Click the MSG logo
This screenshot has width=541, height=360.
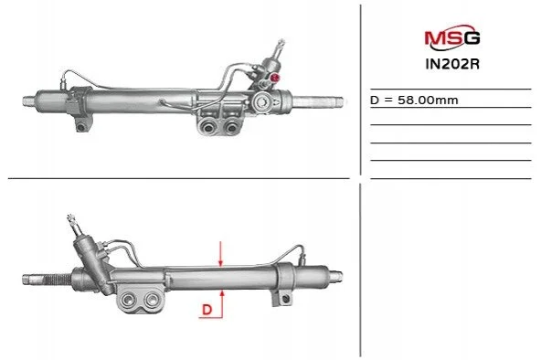click(x=452, y=36)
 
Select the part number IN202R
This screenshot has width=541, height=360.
click(x=452, y=64)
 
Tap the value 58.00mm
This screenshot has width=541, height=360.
click(x=428, y=100)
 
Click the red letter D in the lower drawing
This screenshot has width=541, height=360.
click(x=207, y=310)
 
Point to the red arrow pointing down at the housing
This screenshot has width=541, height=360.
click(x=221, y=254)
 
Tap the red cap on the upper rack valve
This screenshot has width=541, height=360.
click(x=275, y=78)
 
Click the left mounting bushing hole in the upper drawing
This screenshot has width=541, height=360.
click(x=208, y=128)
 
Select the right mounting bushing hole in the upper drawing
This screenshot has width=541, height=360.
click(x=230, y=128)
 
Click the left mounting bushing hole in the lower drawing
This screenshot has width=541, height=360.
click(x=129, y=299)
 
